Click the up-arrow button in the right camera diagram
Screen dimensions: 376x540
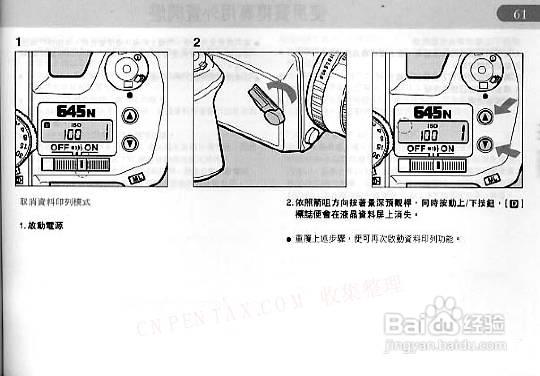coord(485,117)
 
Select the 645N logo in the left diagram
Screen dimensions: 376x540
coord(76,111)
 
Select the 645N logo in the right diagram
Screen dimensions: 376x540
coord(432,113)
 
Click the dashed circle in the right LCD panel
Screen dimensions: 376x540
coord(404,126)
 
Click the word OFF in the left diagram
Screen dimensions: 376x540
coord(60,147)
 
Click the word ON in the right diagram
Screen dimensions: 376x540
coord(447,149)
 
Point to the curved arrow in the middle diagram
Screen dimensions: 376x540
coord(282,91)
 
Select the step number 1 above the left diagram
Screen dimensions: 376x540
coord(19,42)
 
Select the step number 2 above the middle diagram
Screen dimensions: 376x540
coord(196,42)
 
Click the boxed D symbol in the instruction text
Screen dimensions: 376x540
coord(514,204)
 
